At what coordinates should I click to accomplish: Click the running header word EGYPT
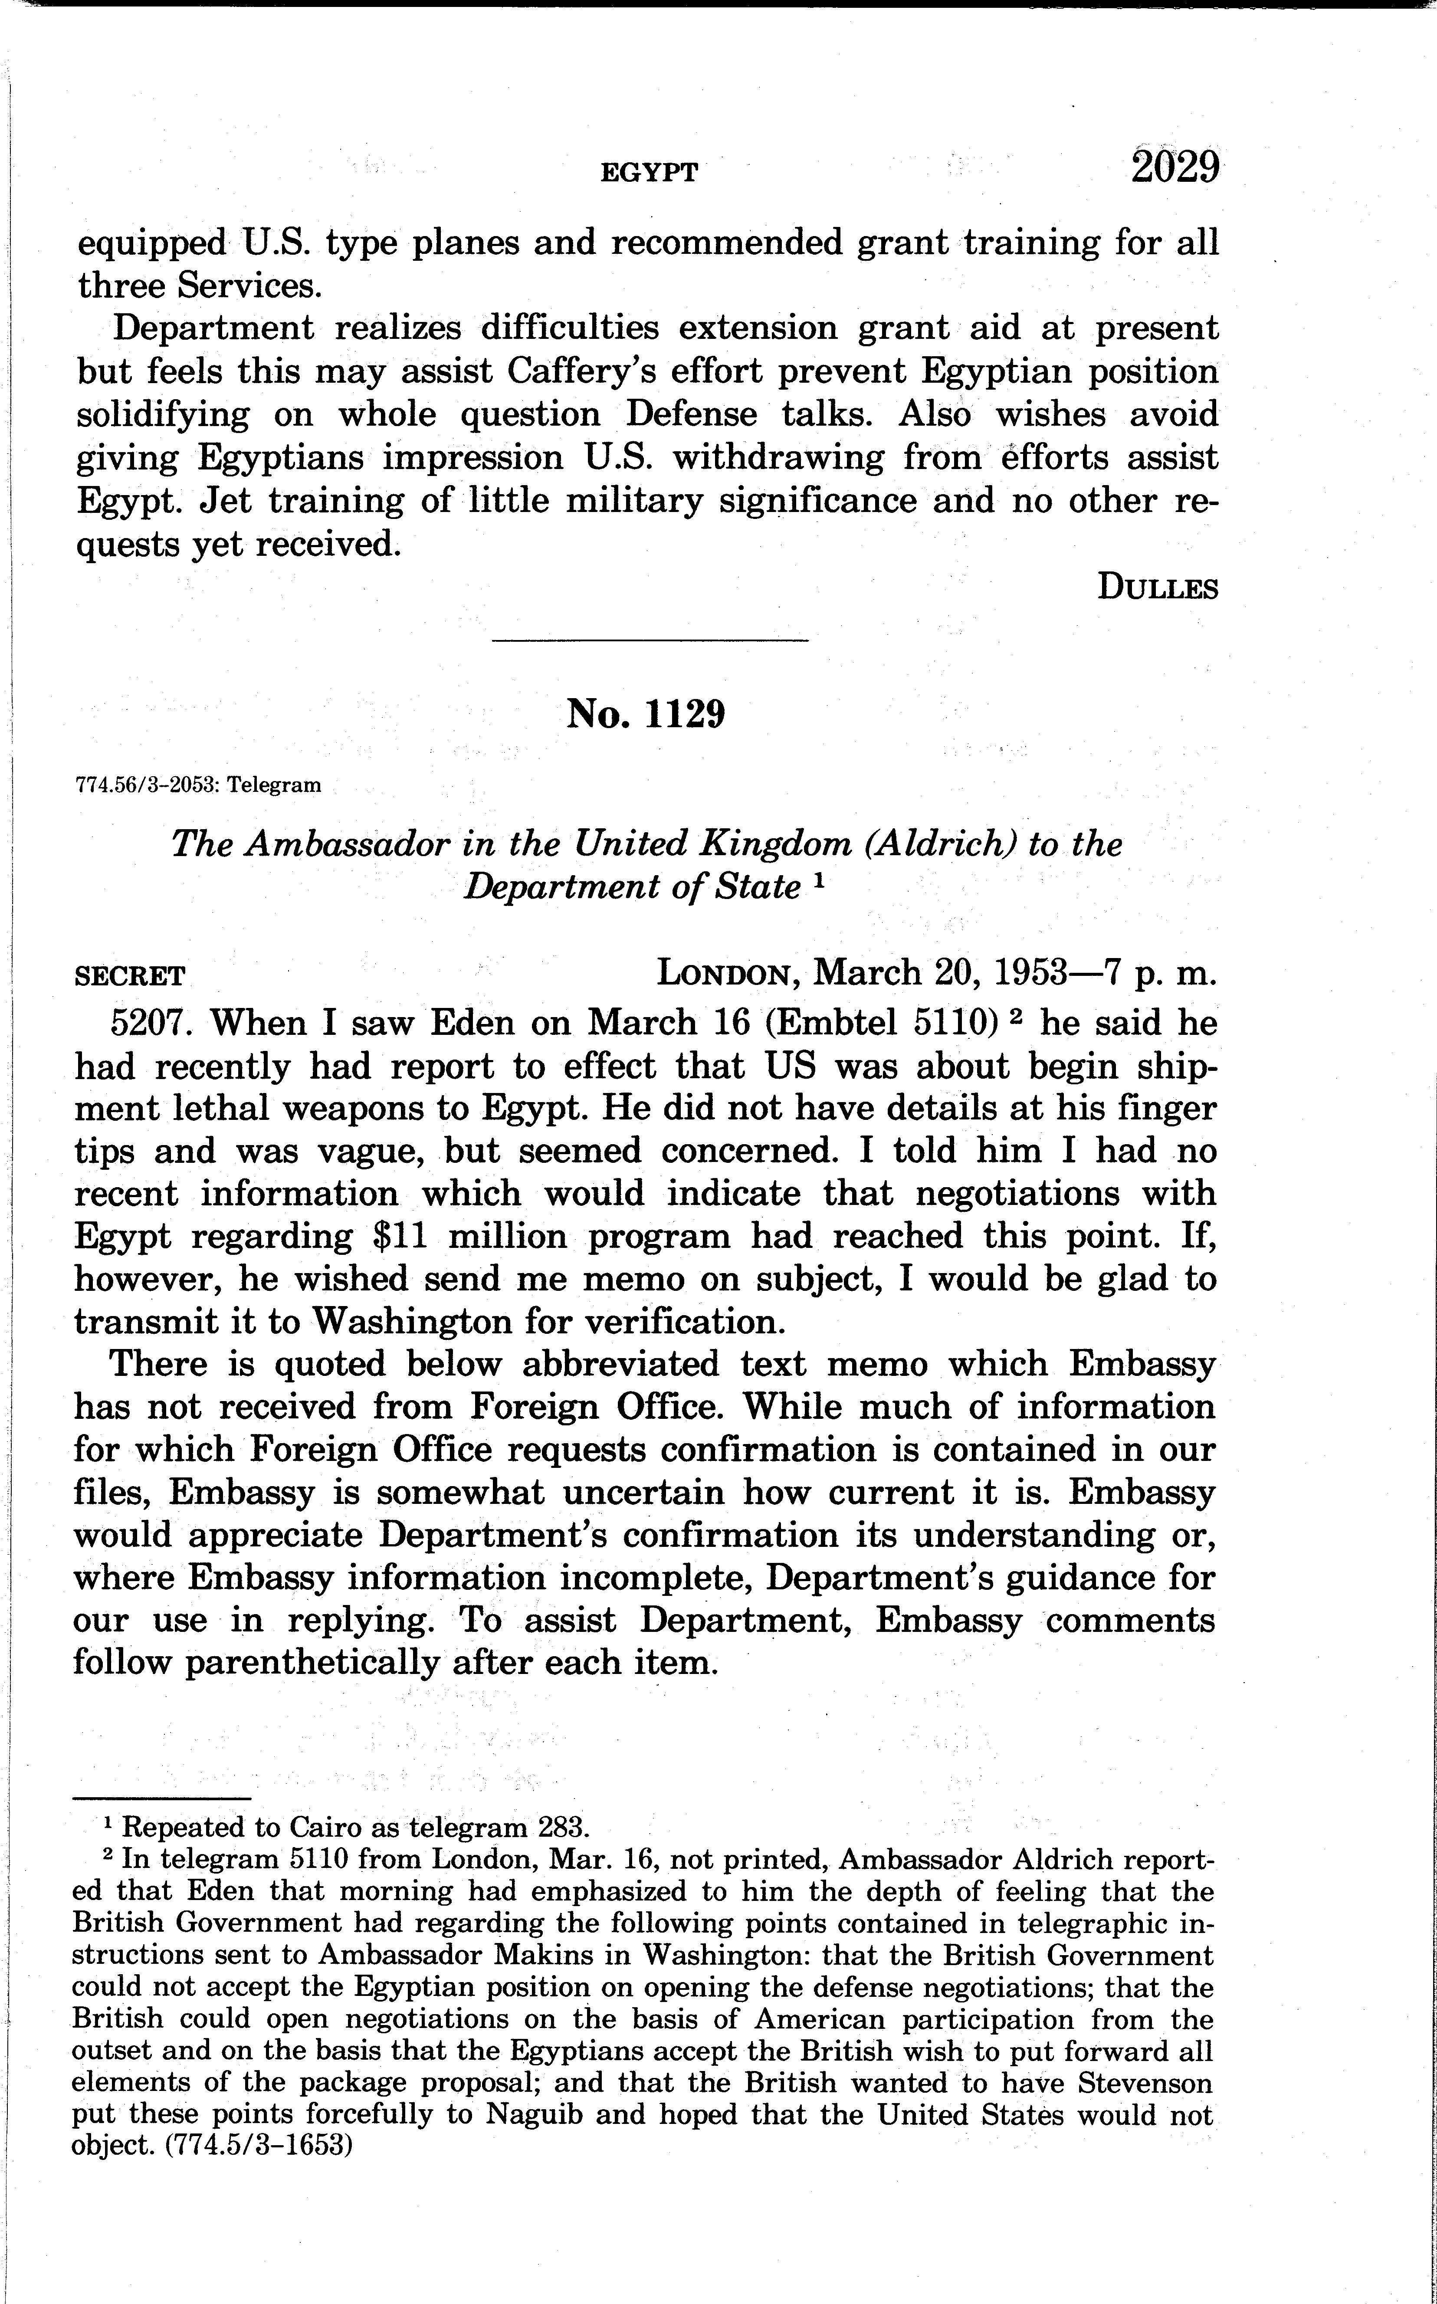click(650, 172)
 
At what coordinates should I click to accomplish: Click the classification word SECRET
click(130, 976)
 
